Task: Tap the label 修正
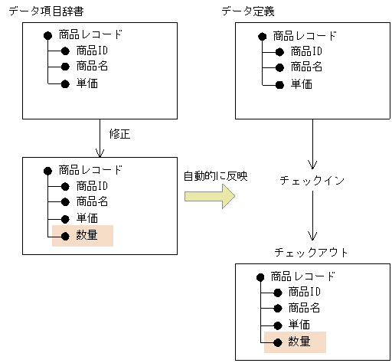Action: pos(120,134)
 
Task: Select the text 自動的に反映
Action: pos(215,176)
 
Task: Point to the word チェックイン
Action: pos(312,181)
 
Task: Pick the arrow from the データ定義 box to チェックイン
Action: pos(312,146)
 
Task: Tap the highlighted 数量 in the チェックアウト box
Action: pos(299,342)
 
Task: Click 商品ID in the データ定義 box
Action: pos(305,51)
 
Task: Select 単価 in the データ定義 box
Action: pos(300,83)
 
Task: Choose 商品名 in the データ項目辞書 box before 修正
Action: pos(92,67)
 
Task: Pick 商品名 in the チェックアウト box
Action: pos(304,308)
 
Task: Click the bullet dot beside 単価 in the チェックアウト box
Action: pos(278,325)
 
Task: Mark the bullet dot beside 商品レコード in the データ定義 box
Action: pos(262,35)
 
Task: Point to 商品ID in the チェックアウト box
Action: pos(304,292)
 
